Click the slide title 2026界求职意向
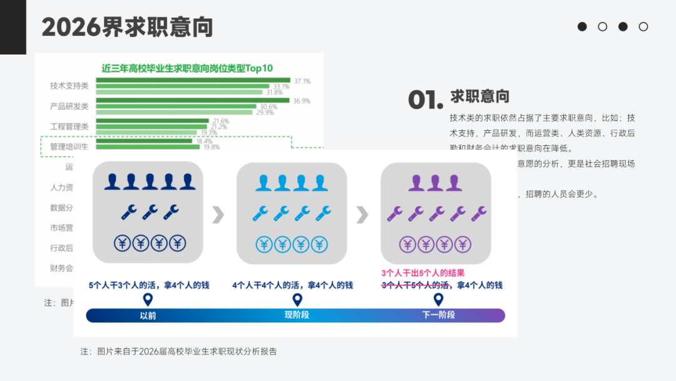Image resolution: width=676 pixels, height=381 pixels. (x=127, y=27)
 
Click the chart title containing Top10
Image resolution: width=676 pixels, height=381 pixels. (x=187, y=68)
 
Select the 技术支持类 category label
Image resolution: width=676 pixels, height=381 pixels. (x=69, y=86)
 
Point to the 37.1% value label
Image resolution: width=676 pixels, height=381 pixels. (x=302, y=81)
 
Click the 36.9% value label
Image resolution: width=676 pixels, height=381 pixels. (x=302, y=100)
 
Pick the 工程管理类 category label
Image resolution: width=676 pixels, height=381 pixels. (x=69, y=126)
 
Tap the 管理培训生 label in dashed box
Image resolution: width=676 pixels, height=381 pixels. (x=69, y=146)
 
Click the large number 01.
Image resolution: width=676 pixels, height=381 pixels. (x=425, y=100)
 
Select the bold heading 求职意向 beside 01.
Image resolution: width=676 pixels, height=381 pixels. (x=479, y=96)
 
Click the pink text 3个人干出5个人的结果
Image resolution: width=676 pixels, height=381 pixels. (x=423, y=273)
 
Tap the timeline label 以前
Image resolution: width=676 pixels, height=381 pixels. (x=148, y=315)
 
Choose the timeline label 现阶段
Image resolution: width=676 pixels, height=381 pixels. (x=297, y=315)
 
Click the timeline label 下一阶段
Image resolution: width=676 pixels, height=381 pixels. (x=438, y=315)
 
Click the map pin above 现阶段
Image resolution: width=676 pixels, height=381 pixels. (x=297, y=300)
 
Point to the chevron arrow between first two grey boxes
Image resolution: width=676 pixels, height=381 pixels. (x=218, y=214)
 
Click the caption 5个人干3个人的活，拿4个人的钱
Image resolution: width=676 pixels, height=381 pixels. (x=148, y=285)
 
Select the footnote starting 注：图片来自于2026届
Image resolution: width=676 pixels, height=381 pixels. (x=178, y=351)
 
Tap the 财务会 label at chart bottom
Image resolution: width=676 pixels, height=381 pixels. (x=61, y=268)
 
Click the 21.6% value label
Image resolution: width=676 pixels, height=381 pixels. (x=220, y=120)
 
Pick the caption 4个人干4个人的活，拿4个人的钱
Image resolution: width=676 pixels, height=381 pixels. (x=292, y=285)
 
